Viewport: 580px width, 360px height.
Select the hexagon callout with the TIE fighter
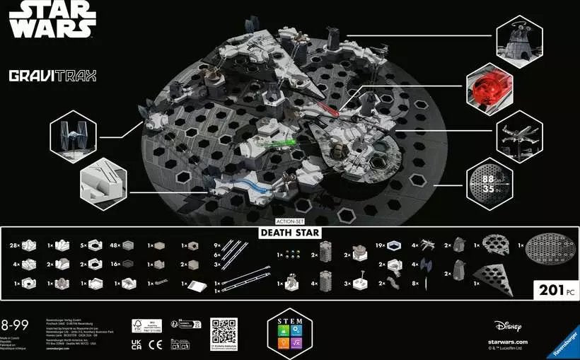73,133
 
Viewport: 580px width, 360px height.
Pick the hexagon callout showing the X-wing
518,132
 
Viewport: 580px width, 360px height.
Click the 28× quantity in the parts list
14,245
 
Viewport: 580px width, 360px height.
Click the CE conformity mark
158,343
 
